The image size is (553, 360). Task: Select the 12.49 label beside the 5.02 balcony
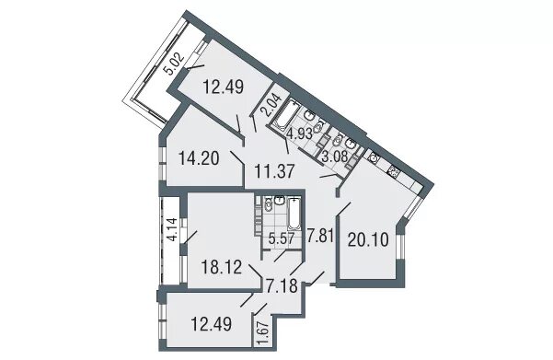point(224,87)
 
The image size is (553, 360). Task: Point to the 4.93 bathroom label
point(299,134)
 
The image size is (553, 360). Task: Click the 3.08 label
point(336,156)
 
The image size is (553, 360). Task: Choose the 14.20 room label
point(200,158)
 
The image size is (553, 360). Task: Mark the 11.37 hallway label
point(274,171)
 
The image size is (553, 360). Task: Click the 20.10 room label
point(368,240)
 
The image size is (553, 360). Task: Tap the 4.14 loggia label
point(172,230)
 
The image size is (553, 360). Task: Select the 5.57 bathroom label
point(281,239)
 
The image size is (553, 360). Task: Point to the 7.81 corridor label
point(320,236)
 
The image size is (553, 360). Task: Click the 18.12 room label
point(222,267)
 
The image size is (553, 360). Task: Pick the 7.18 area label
point(282,286)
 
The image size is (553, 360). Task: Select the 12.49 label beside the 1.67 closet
point(212,324)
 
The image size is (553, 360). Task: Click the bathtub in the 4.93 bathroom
point(286,114)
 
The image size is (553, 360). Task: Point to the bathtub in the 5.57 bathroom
point(294,214)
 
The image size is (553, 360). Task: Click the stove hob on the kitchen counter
point(393,172)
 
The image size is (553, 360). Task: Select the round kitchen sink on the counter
point(374,157)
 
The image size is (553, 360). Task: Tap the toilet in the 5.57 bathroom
point(269,203)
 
